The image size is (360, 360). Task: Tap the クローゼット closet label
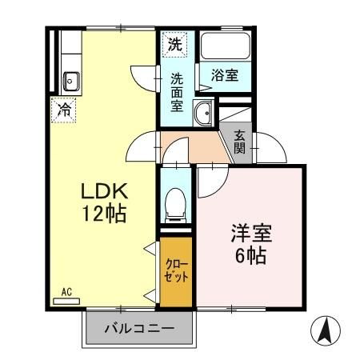click(176, 272)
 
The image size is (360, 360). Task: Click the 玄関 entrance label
click(240, 141)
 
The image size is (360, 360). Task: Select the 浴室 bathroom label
click(224, 74)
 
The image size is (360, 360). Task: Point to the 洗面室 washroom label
click(177, 91)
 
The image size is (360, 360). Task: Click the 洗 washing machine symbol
click(174, 45)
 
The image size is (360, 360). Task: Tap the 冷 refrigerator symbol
click(63, 110)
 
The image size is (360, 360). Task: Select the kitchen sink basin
click(70, 80)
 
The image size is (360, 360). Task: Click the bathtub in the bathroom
click(225, 47)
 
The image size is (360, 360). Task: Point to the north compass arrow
click(324, 330)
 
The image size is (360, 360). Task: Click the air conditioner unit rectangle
click(67, 302)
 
